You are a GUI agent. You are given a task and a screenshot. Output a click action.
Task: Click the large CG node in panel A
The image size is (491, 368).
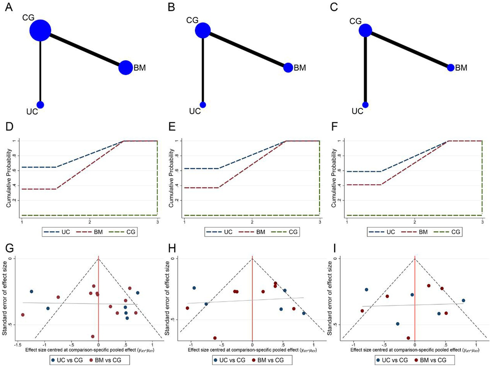pos(40,31)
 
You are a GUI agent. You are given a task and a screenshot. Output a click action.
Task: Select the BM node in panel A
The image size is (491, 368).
pos(125,68)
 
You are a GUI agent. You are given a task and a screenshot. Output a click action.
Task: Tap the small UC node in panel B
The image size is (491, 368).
pos(203,105)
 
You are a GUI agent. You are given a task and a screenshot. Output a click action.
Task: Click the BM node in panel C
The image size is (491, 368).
pos(451,68)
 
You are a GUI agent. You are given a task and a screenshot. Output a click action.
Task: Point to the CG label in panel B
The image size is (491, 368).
pos(192,20)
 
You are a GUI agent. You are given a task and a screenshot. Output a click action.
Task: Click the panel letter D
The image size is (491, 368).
pos(9,127)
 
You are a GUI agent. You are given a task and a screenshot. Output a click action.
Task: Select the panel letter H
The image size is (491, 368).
pos(172,249)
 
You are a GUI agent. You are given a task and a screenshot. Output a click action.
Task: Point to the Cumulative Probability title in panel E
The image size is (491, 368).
pos(171,178)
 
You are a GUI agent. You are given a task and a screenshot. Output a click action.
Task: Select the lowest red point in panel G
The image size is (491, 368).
pos(93,336)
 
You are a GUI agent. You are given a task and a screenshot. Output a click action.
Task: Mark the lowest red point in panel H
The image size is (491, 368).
pos(215,338)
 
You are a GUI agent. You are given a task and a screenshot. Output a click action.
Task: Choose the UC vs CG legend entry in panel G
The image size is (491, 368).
pos(67,360)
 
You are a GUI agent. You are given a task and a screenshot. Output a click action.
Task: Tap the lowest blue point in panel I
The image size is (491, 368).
pos(398,324)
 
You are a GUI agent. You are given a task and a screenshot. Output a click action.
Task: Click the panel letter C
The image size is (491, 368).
pos(334,7)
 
